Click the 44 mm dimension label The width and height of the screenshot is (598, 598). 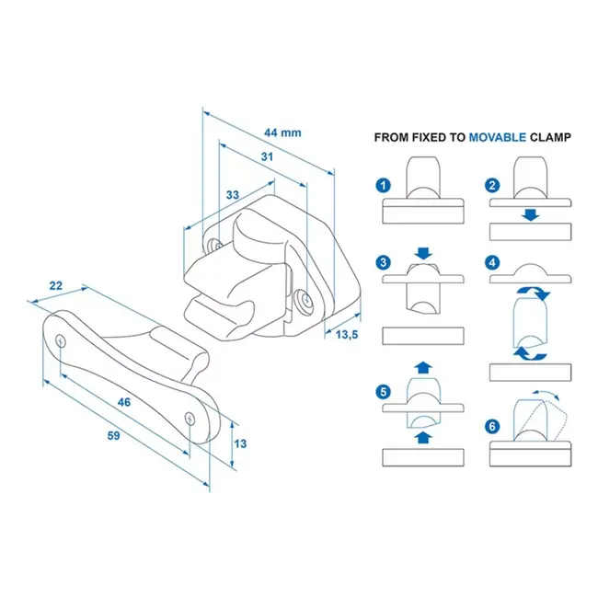pyautogui.click(x=283, y=132)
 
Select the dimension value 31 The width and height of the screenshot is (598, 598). pyautogui.click(x=267, y=157)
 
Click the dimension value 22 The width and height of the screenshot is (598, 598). pyautogui.click(x=56, y=286)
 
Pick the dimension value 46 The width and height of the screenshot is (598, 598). pyautogui.click(x=124, y=401)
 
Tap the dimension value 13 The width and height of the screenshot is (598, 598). pyautogui.click(x=239, y=443)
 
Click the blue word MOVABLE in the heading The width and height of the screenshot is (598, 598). pyautogui.click(x=497, y=137)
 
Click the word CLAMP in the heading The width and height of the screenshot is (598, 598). pyautogui.click(x=550, y=137)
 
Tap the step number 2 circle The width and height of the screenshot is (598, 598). pyautogui.click(x=493, y=185)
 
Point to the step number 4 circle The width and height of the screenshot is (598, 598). pyautogui.click(x=493, y=263)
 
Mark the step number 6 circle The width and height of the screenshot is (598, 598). pyautogui.click(x=493, y=427)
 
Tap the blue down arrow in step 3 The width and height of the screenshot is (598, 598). pyautogui.click(x=422, y=252)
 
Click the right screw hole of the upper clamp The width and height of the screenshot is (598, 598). pyautogui.click(x=305, y=298)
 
